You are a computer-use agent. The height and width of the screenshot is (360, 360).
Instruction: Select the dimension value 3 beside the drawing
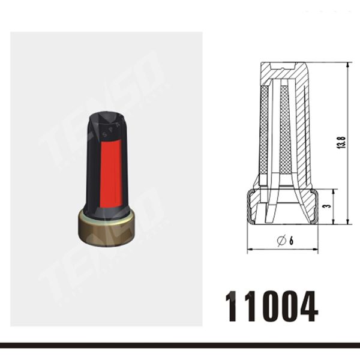[325, 206]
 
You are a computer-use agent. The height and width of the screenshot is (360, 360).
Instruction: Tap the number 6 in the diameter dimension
[290, 241]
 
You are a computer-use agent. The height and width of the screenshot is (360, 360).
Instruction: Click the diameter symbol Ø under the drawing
[280, 241]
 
